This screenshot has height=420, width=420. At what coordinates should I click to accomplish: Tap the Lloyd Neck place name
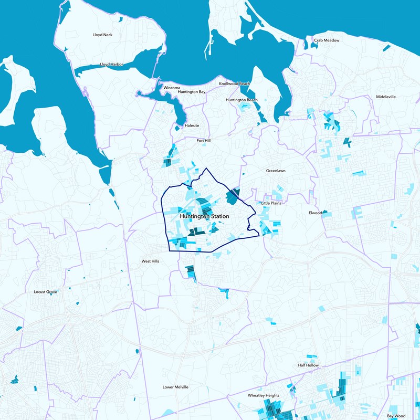102,35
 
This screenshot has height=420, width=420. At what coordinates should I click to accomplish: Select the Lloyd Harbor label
112,65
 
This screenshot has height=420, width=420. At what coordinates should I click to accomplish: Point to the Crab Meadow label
327,40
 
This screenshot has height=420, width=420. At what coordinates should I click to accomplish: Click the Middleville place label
386,97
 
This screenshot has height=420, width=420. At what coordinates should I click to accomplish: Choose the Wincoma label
172,87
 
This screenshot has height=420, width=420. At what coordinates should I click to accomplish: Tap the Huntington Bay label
192,92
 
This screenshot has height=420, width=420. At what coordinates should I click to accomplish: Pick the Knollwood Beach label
235,83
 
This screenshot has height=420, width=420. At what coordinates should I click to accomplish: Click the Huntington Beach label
241,100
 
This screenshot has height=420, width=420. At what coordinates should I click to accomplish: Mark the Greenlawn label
276,171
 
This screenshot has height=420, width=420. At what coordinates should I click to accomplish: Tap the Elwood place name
315,213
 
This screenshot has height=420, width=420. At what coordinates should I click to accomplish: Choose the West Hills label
150,261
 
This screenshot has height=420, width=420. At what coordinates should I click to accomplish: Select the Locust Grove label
45,292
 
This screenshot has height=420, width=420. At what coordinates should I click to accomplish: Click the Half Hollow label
308,365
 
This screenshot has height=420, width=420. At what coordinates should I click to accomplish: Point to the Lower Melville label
175,387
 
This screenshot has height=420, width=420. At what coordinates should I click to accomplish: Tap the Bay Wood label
396,415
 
